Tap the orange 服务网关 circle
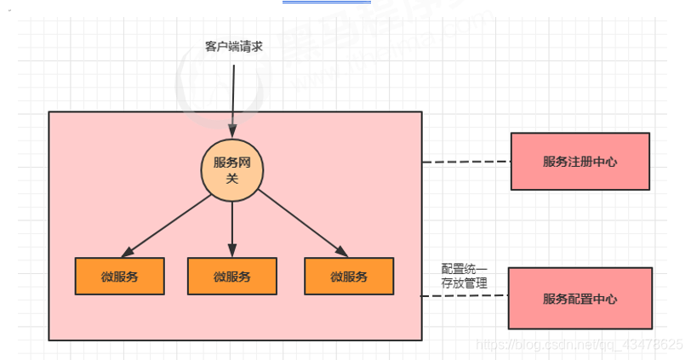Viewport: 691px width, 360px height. point(232,170)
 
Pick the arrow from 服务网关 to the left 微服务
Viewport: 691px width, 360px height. point(170,224)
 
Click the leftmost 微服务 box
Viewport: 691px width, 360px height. point(120,276)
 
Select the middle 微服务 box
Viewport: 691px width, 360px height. point(232,276)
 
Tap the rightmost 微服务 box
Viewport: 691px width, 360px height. point(349,276)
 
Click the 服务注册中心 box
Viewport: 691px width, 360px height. point(580,161)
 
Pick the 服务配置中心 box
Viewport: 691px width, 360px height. point(580,299)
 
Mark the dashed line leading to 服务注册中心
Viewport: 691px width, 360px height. point(465,162)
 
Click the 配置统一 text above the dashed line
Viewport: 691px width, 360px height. point(465,269)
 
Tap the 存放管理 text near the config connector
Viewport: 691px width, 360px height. point(465,283)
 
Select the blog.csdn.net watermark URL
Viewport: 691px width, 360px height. point(579,345)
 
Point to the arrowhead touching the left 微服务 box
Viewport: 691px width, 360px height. point(128,252)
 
